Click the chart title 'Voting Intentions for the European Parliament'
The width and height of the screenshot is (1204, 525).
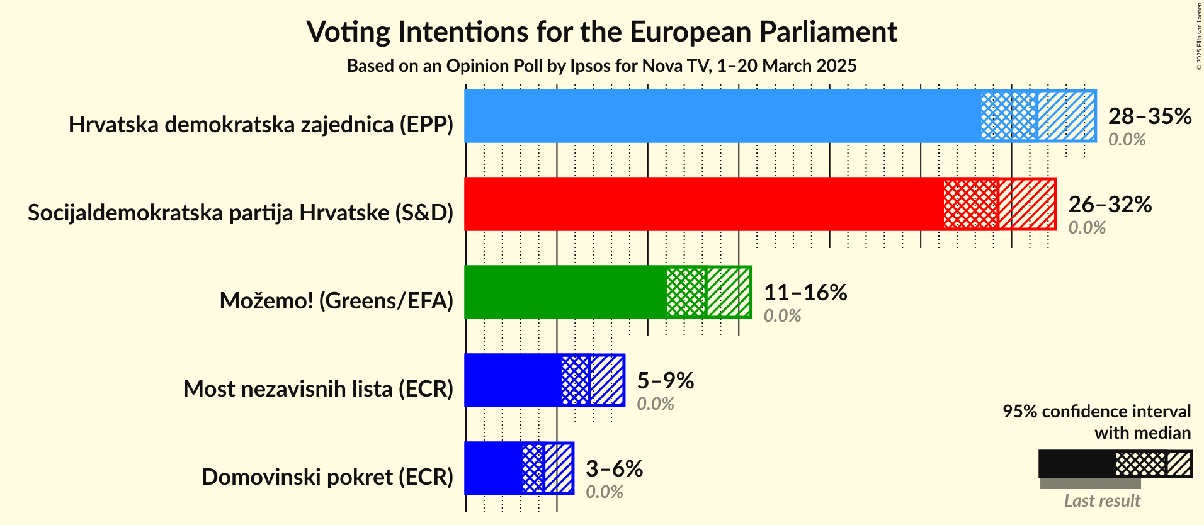pyautogui.click(x=601, y=32)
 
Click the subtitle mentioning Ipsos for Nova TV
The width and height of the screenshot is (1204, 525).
pyautogui.click(x=601, y=66)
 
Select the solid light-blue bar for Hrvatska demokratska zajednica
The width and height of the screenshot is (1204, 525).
pyautogui.click(x=721, y=116)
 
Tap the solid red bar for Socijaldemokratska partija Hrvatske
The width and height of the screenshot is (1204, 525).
pyautogui.click(x=702, y=204)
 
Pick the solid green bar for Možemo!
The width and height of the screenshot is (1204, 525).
pyautogui.click(x=565, y=292)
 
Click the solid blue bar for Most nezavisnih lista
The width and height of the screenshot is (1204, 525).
pyautogui.click(x=512, y=380)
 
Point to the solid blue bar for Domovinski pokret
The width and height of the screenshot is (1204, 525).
pyautogui.click(x=492, y=468)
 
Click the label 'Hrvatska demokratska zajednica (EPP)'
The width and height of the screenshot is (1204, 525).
pyautogui.click(x=261, y=125)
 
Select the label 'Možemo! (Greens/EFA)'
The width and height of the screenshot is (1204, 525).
pyautogui.click(x=336, y=301)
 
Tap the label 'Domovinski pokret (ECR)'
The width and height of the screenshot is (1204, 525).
pyautogui.click(x=327, y=477)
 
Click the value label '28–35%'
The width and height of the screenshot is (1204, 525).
pyautogui.click(x=1149, y=116)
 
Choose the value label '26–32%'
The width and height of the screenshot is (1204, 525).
pyautogui.click(x=1110, y=205)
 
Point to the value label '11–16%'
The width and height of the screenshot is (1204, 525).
pyautogui.click(x=805, y=293)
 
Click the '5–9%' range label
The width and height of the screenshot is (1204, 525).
pyautogui.click(x=665, y=381)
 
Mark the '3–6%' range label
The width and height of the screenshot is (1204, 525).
pyautogui.click(x=614, y=469)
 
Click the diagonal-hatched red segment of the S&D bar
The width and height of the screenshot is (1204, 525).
pyautogui.click(x=1027, y=204)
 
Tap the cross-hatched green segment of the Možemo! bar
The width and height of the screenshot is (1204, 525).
pyautogui.click(x=686, y=292)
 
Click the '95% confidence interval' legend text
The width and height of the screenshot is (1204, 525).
pyautogui.click(x=1096, y=412)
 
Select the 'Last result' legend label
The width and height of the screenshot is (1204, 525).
pyautogui.click(x=1101, y=501)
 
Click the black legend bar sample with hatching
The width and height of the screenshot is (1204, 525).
pyautogui.click(x=1115, y=465)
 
